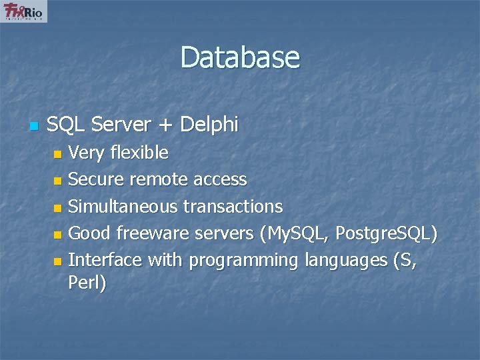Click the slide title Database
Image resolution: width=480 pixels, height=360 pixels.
click(240, 57)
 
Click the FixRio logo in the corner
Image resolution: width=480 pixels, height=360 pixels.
click(25, 11)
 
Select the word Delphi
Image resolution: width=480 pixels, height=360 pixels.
click(209, 124)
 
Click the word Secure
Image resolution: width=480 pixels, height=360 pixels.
click(97, 180)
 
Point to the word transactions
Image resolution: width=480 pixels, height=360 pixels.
click(233, 207)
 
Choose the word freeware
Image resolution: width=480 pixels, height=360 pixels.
click(153, 233)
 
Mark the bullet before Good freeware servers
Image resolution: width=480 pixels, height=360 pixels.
click(57, 235)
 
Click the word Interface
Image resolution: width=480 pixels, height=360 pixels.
click(105, 260)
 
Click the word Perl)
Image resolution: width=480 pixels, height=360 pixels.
click(87, 283)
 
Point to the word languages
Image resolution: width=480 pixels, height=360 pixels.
click(345, 261)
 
